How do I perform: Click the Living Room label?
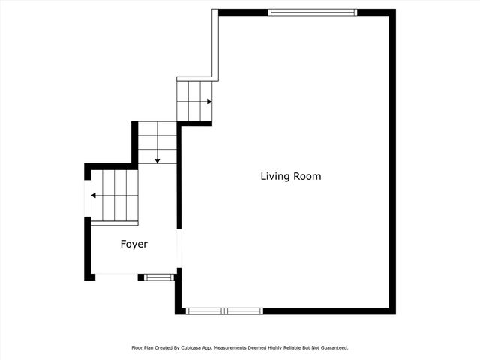(x=291, y=177)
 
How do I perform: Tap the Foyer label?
(x=134, y=244)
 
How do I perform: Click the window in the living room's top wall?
(x=313, y=12)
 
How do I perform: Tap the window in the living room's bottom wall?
(x=224, y=310)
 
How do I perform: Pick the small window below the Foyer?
(x=158, y=277)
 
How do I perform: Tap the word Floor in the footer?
(x=137, y=348)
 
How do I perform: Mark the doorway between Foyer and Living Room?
(x=178, y=247)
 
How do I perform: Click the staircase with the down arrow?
(x=157, y=142)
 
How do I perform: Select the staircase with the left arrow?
(x=115, y=196)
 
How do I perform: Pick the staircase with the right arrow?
(x=194, y=101)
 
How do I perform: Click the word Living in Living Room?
(x=275, y=177)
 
